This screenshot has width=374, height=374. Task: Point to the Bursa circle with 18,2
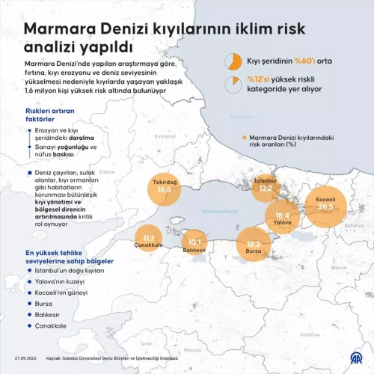click(254, 245)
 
